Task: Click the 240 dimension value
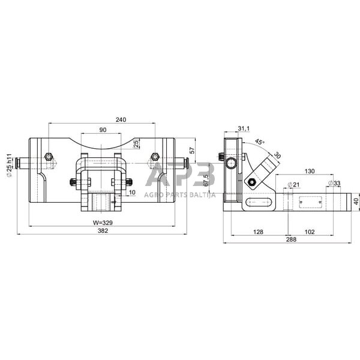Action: click(x=121, y=119)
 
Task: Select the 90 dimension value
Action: click(x=103, y=130)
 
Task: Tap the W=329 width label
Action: click(x=103, y=223)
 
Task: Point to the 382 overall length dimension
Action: click(x=103, y=231)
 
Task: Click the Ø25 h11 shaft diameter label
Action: click(x=9, y=166)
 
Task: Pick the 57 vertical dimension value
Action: click(x=192, y=150)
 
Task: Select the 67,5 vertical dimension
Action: click(x=206, y=180)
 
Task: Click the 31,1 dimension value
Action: click(x=244, y=128)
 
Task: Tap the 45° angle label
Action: click(x=260, y=142)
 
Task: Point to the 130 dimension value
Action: click(x=310, y=171)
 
